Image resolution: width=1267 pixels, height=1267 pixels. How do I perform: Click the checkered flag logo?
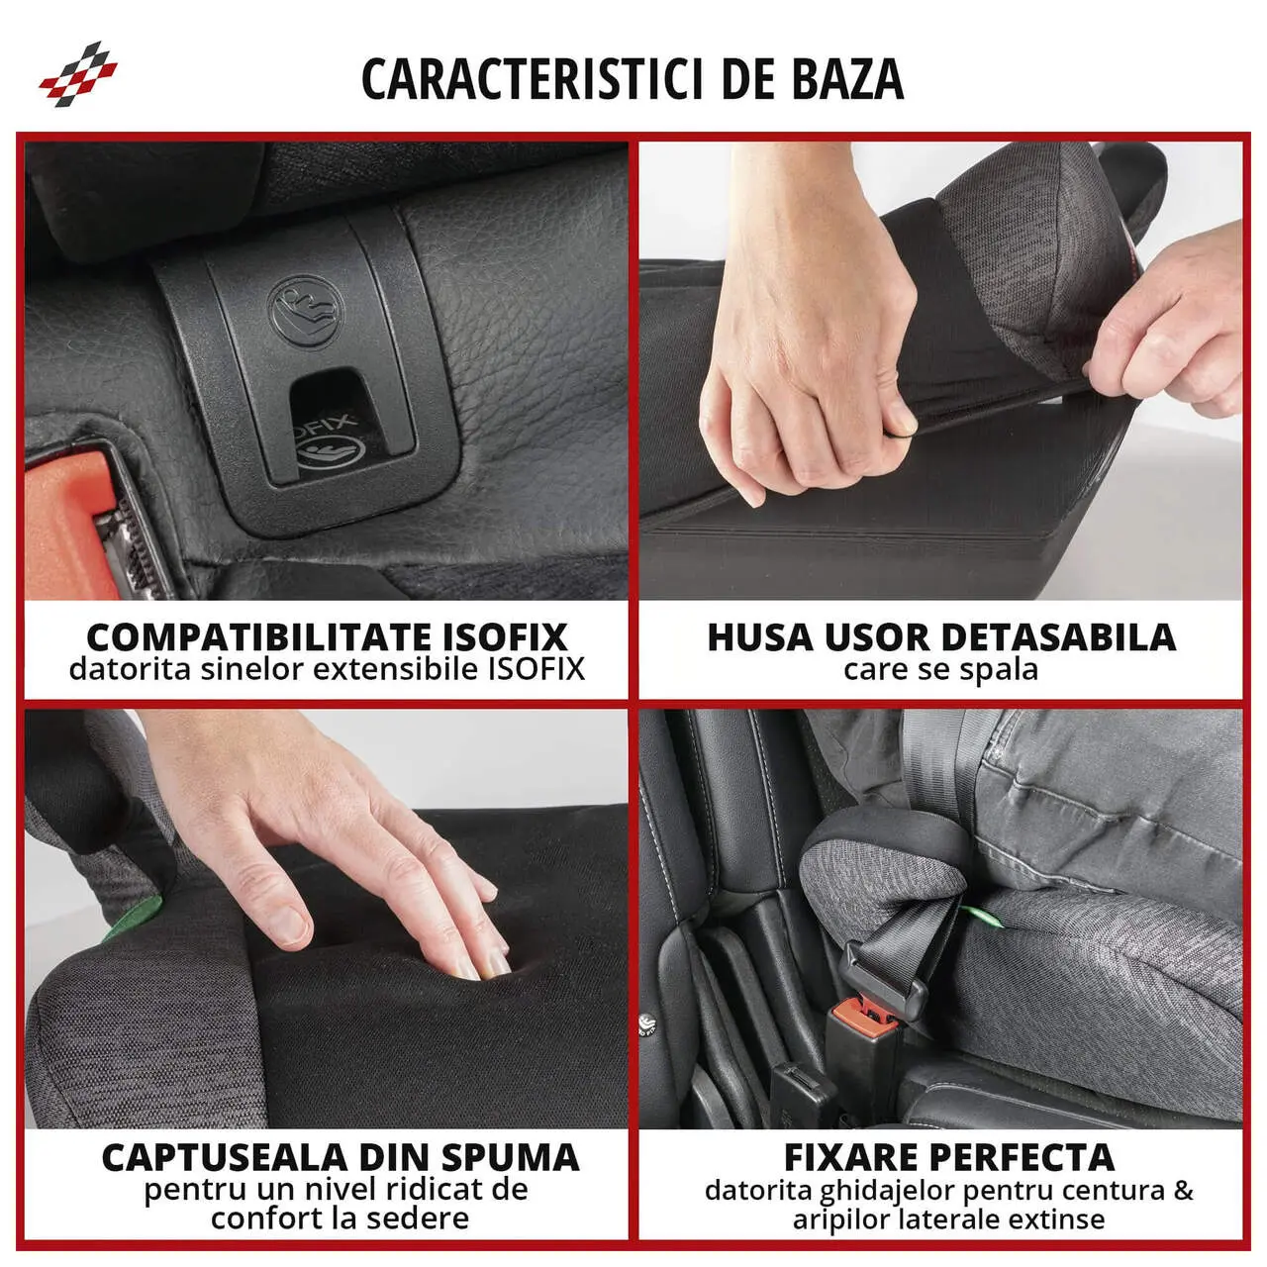pos(78,73)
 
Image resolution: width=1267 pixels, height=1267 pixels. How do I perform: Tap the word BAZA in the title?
pos(847,79)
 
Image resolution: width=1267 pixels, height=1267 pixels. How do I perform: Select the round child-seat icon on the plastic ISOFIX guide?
pos(305,311)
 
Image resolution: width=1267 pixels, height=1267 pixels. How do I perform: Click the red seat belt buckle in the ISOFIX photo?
pos(69,523)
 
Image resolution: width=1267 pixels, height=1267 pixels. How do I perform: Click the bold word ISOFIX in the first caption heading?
pos(505,636)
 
